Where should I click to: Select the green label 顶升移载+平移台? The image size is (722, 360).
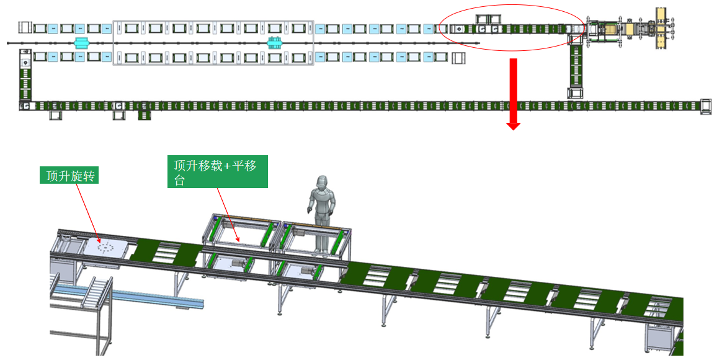pos(218,171)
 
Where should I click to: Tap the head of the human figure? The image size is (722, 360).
pos(321,184)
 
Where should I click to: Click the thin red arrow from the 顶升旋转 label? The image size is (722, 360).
pos(87,211)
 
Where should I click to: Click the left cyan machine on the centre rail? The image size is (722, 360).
pos(81,42)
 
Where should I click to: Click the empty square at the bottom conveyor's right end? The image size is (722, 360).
pos(706,105)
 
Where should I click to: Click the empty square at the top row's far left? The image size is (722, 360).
pos(25,27)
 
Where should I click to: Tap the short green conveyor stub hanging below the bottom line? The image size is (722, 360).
pos(145,115)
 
